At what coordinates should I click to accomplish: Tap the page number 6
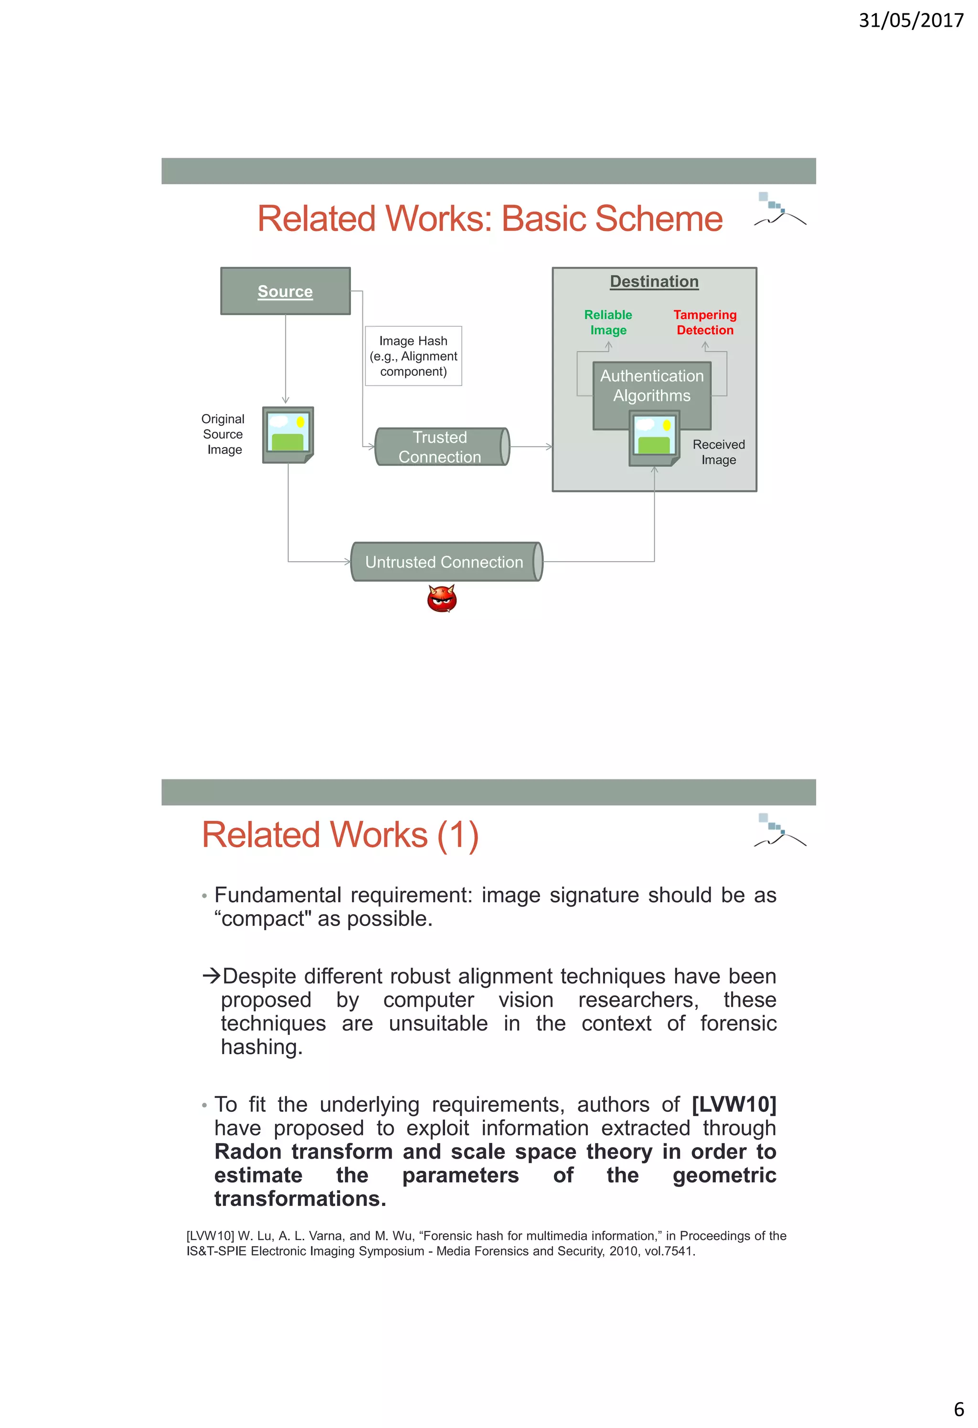click(958, 1408)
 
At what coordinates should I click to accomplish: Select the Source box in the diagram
click(285, 291)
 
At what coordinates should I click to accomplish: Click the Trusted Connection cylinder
click(441, 447)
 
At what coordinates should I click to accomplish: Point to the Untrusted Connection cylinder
click(446, 562)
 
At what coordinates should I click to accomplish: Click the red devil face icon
click(442, 598)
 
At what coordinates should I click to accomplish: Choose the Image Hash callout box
click(414, 356)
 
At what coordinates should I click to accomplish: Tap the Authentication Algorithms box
click(651, 385)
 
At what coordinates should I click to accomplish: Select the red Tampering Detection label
click(705, 322)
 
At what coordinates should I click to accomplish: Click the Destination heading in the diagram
click(654, 281)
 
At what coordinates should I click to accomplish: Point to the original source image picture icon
click(287, 434)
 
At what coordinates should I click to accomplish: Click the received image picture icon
click(654, 437)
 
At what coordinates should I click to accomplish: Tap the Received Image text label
click(718, 452)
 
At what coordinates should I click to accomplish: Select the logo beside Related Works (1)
click(778, 831)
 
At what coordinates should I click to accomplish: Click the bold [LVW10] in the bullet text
click(733, 1104)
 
